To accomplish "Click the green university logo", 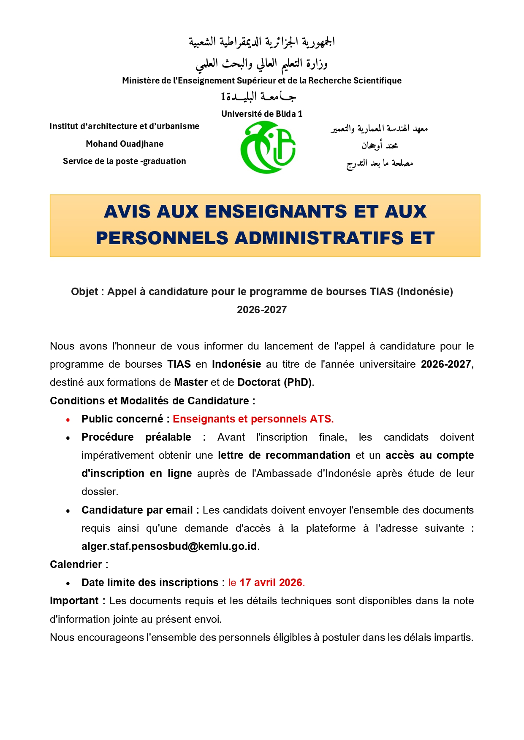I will point(268,147).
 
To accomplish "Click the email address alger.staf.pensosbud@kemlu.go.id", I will point(169,546).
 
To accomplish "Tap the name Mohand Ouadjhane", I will point(125,144).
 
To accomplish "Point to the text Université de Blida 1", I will point(262,114).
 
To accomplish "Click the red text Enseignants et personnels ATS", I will point(253,419).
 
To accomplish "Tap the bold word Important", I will point(74,601).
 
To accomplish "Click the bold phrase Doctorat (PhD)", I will point(274,382).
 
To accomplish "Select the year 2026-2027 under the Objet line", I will point(262,310).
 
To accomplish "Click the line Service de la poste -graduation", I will point(125,161).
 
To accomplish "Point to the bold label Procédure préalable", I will point(136,437).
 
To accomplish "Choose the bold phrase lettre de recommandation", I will point(284,455).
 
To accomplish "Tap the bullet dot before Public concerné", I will point(68,420).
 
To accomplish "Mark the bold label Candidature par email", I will point(137,510).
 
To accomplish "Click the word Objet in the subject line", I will point(84,292).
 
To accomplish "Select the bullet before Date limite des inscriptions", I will point(68,584).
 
